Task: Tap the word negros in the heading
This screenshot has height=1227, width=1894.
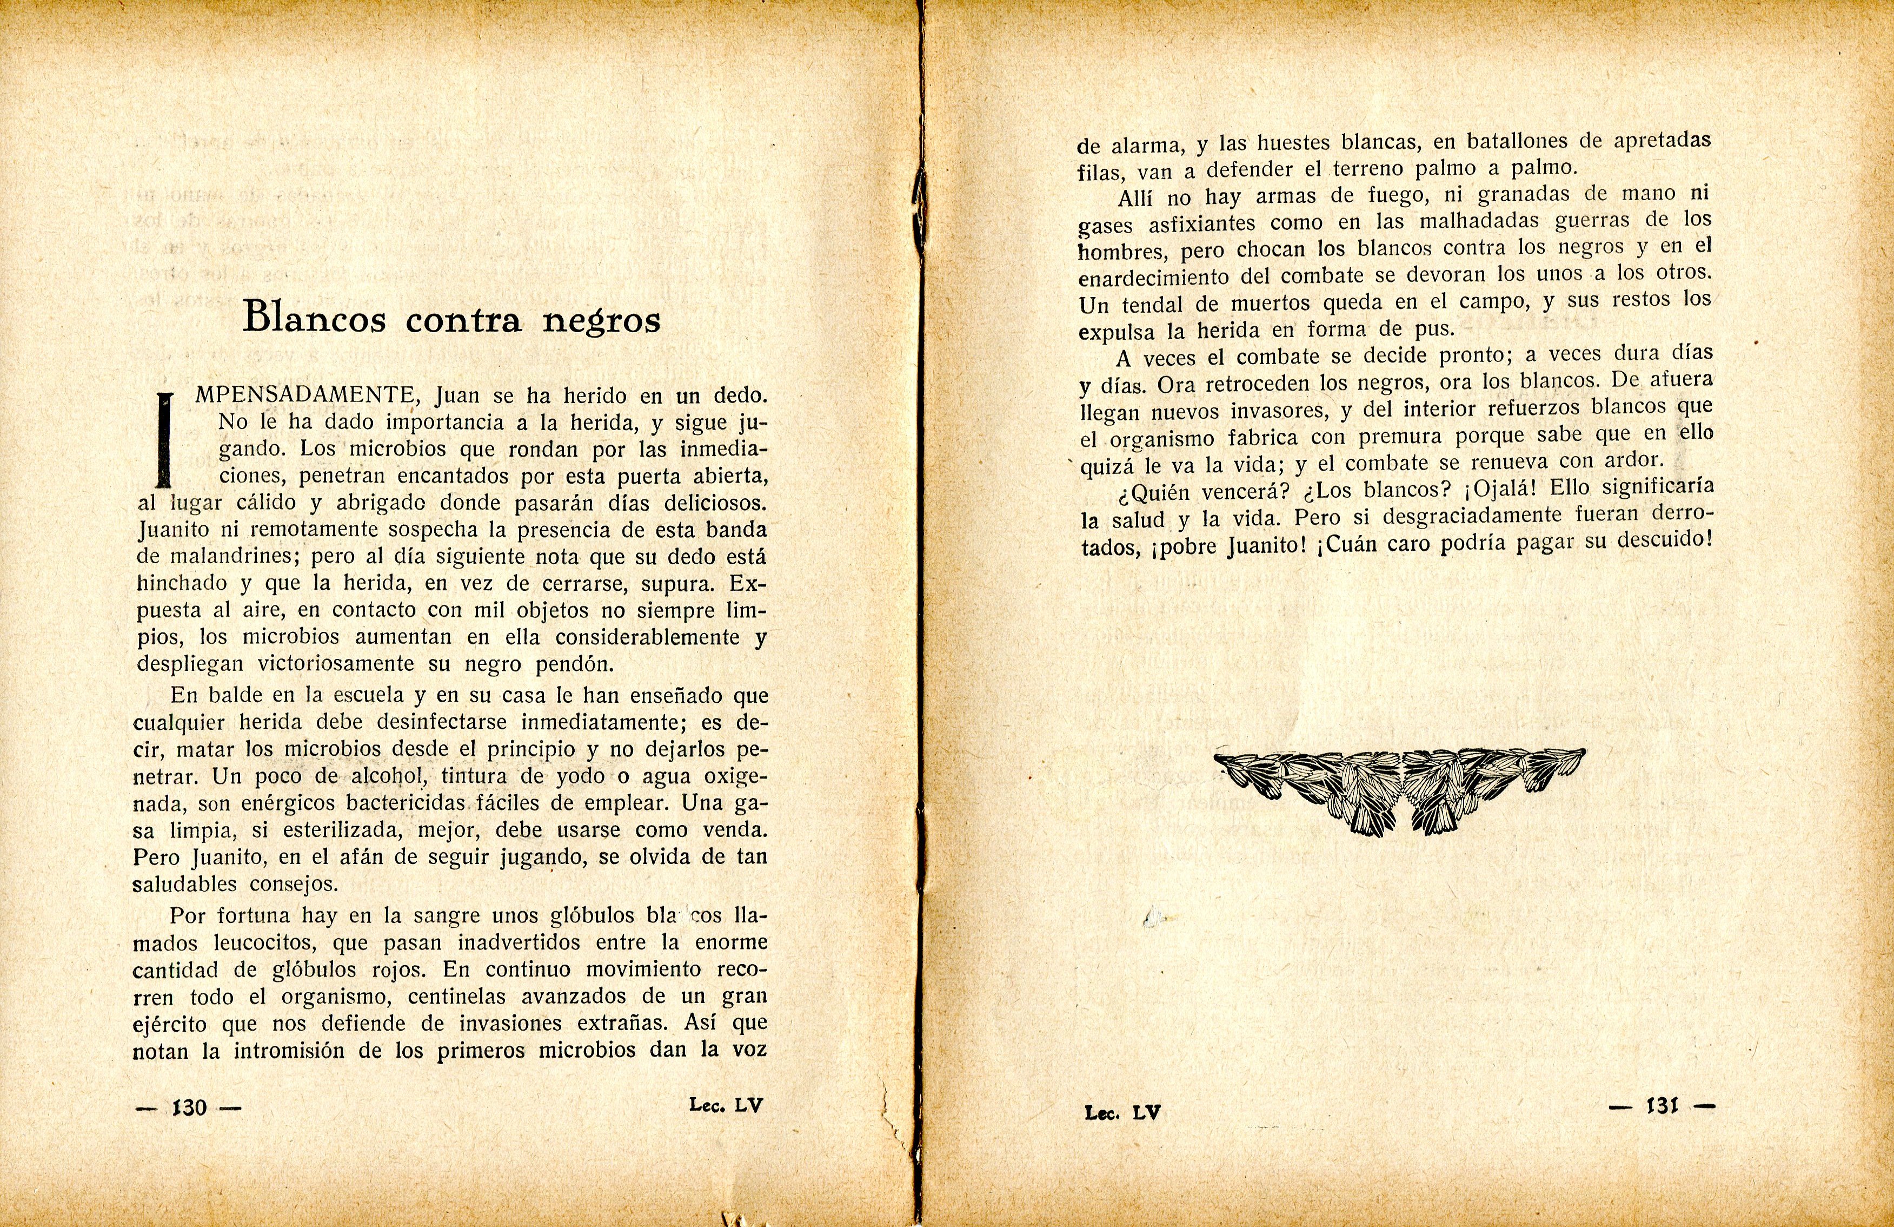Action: [602, 320]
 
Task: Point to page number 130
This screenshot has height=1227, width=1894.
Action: [189, 1107]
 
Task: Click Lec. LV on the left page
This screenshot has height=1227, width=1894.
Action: [726, 1105]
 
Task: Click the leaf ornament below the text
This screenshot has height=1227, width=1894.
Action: [1399, 788]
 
